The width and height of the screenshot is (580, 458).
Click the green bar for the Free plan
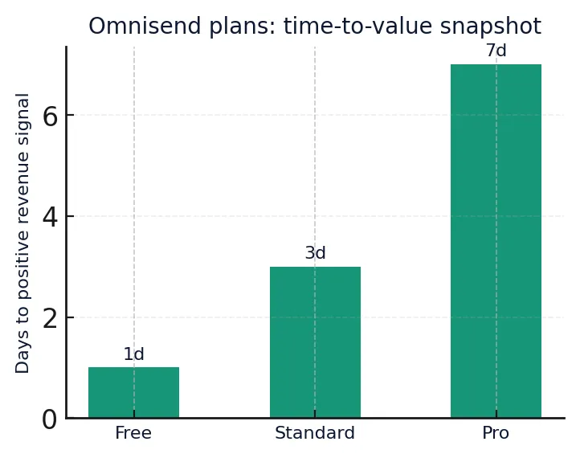[133, 392]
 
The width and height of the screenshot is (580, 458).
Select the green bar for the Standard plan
[315, 342]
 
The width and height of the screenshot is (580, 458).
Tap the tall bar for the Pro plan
[496, 241]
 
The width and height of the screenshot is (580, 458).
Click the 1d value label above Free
[133, 354]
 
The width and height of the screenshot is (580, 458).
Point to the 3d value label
[315, 253]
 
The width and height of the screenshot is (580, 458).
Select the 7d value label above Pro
[496, 51]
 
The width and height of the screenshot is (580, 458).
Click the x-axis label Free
[133, 433]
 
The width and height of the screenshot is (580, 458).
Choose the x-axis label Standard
[315, 433]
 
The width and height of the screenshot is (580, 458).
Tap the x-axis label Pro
[496, 433]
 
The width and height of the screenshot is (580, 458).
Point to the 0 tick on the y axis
[50, 419]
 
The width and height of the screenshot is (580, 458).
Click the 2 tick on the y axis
[50, 318]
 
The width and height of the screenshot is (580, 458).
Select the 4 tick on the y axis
[50, 217]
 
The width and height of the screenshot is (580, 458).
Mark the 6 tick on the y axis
[50, 117]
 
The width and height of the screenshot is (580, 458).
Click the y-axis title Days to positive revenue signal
[23, 233]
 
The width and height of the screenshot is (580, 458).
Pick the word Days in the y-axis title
[23, 356]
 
